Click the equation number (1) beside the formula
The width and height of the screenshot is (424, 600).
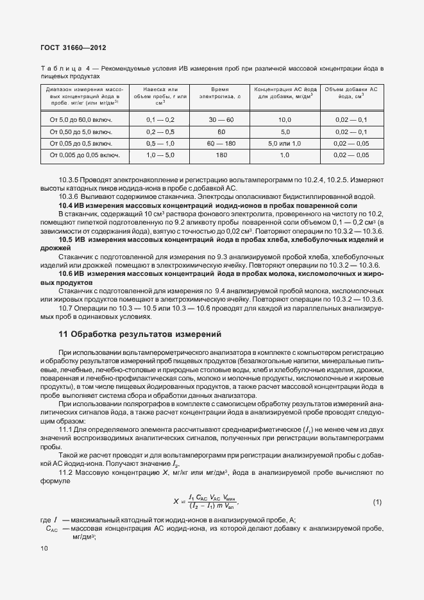[x=377, y=501]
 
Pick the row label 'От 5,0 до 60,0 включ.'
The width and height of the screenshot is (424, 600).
[x=85, y=119]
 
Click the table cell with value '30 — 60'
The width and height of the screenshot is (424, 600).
[x=220, y=119]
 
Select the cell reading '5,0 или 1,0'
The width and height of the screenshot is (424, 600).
[x=284, y=143]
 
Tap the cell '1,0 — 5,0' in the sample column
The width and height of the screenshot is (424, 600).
[x=160, y=155]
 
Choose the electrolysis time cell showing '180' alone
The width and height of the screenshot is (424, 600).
[x=220, y=155]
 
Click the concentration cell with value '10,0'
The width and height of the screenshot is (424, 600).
[x=284, y=119]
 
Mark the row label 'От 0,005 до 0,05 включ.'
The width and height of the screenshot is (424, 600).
[x=85, y=155]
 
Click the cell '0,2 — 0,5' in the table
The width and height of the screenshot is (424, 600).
[x=160, y=131]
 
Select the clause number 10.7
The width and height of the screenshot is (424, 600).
[x=66, y=309]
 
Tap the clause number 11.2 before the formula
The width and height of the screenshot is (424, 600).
[x=67, y=472]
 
